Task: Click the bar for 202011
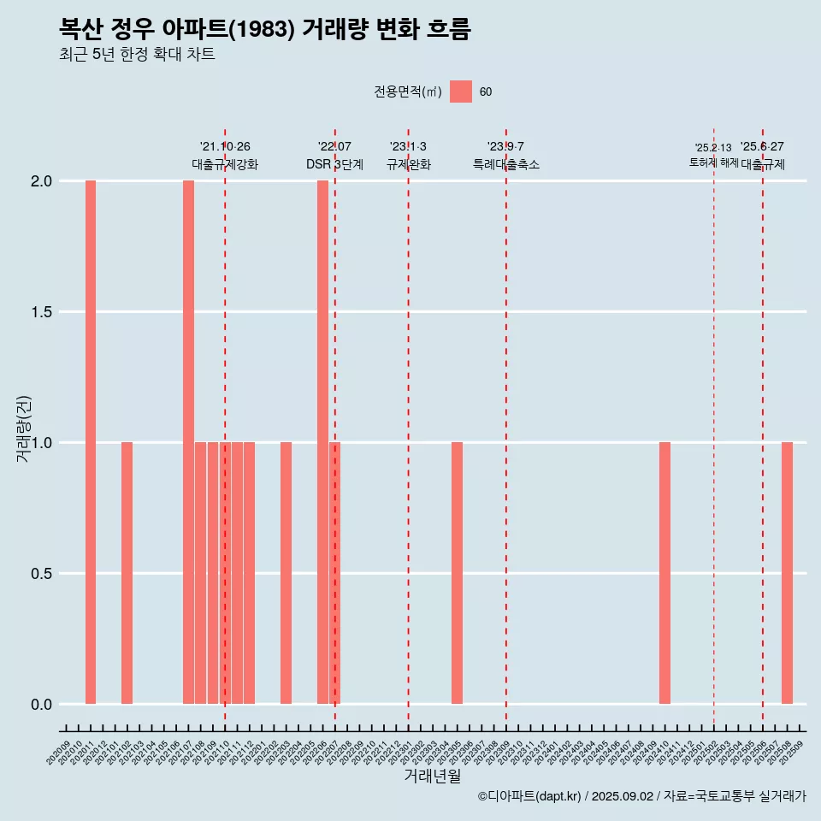(x=91, y=442)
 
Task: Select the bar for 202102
(x=127, y=573)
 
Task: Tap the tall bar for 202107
(x=188, y=442)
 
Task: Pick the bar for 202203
(x=286, y=573)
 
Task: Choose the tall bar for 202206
(x=322, y=442)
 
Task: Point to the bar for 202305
(x=457, y=573)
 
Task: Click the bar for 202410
(x=664, y=573)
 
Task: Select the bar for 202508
(x=787, y=573)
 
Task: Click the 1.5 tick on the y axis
(x=42, y=312)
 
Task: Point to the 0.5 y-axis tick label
(x=42, y=574)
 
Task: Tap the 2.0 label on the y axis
(x=42, y=181)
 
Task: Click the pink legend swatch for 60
(x=461, y=92)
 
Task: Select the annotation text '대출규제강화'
(x=225, y=164)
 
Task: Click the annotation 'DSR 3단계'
(x=335, y=164)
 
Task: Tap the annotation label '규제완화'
(x=408, y=164)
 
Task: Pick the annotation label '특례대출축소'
(x=506, y=164)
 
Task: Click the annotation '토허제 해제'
(x=713, y=162)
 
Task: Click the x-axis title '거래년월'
(x=432, y=776)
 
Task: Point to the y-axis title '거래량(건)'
(x=23, y=429)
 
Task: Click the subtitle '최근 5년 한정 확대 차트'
(x=137, y=55)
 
